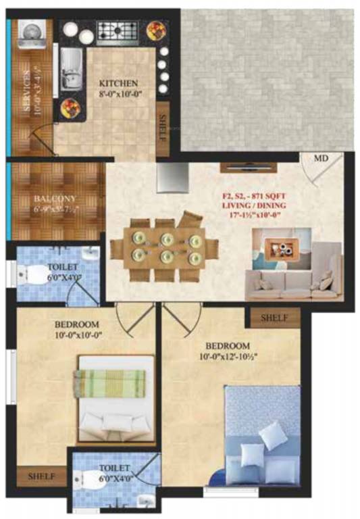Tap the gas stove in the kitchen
[x=117, y=30]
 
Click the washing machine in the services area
[x=30, y=34]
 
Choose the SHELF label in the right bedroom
[x=274, y=317]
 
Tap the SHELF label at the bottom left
[x=42, y=476]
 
